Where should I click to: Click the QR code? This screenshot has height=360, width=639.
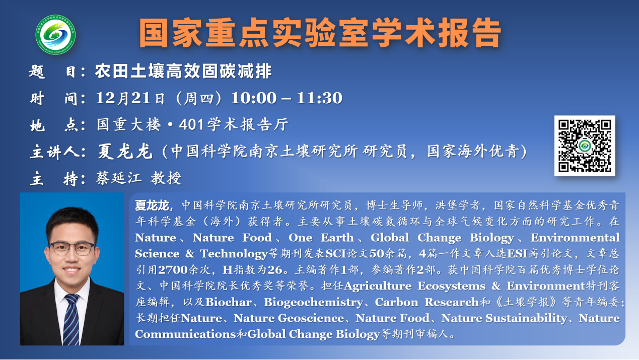tap(585, 146)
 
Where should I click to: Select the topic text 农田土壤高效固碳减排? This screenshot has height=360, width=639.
tap(183, 72)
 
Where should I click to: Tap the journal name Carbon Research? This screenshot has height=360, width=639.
tap(427, 302)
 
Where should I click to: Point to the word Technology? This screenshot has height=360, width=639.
tap(233, 254)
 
